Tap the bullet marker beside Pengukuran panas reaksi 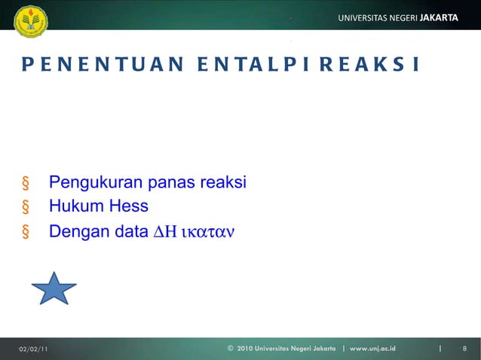pyautogui.click(x=26, y=184)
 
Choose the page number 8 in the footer pyautogui.click(x=464, y=348)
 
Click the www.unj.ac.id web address pyautogui.click(x=373, y=348)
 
